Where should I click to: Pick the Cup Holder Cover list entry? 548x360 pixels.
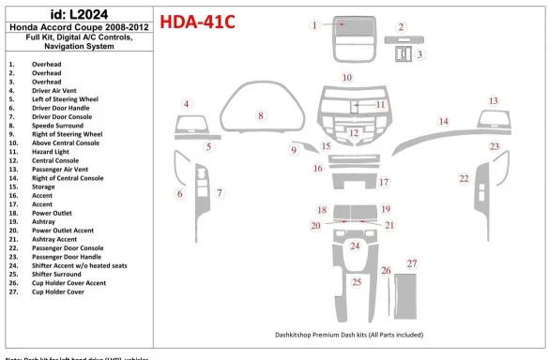[x=58, y=292]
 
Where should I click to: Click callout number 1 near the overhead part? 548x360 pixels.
[x=315, y=25]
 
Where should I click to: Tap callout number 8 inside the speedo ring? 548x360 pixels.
[x=260, y=115]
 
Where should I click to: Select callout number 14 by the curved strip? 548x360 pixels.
[x=444, y=121]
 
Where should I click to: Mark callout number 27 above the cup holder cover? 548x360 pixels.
[x=411, y=264]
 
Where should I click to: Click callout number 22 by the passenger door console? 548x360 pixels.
[x=464, y=177]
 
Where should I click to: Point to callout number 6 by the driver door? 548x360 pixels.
[x=180, y=193]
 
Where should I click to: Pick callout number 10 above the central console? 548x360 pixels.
[x=347, y=77]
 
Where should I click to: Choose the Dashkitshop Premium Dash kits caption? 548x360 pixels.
[x=349, y=335]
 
